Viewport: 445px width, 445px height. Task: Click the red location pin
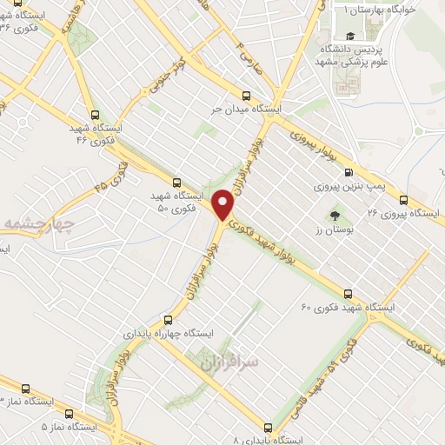point(225,204)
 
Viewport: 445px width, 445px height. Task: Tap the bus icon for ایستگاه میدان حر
point(246,96)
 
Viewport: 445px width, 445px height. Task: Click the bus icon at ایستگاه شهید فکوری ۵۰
point(176,183)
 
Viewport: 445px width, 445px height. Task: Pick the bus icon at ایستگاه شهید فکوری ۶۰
point(349,293)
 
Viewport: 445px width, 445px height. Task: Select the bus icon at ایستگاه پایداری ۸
point(268,427)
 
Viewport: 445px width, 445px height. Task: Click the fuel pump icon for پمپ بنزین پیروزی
point(349,171)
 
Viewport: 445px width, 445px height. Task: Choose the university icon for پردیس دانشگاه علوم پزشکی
point(349,36)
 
